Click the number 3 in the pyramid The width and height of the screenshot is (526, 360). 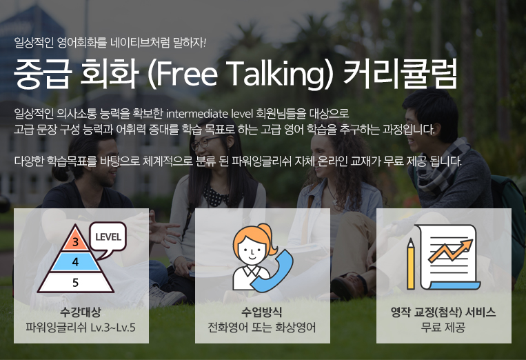coord(75,242)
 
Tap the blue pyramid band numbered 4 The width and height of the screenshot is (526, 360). coord(75,261)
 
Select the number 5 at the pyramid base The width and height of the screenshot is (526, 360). coord(75,283)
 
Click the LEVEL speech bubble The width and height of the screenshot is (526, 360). coord(108,238)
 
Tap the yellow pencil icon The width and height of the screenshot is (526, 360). coord(411,263)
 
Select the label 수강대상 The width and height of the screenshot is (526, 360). coord(81,312)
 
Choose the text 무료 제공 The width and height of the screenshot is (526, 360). coord(443,327)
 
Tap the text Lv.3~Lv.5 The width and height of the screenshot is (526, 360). coord(113,327)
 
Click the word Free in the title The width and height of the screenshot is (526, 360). coord(187,73)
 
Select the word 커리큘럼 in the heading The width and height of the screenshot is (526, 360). coord(401,73)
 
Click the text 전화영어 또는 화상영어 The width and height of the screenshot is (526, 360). coord(262,327)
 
